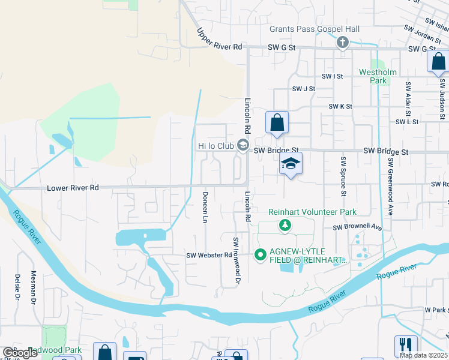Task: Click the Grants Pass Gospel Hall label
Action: point(314,29)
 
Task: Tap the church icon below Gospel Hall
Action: point(343,42)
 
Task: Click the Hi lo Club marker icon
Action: point(243,145)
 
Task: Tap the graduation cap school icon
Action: point(291,164)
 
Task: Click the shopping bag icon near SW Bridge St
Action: point(277,123)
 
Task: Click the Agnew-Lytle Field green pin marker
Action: point(261,254)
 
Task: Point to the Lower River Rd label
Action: point(73,188)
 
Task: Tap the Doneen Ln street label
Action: point(205,206)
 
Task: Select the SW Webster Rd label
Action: point(209,255)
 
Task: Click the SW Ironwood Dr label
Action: point(237,260)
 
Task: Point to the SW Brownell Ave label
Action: point(358,228)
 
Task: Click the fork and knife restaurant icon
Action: point(406,346)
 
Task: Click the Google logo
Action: point(20,353)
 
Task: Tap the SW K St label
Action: point(340,106)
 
